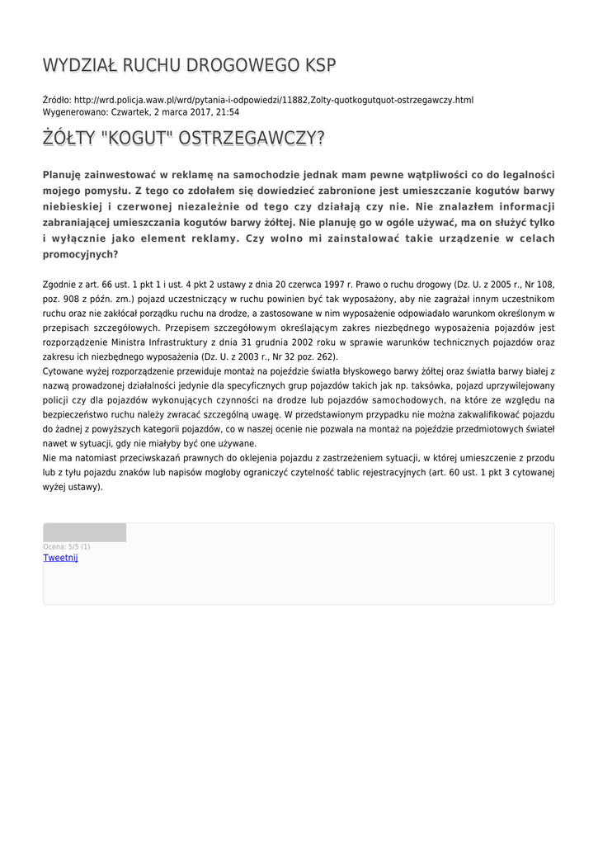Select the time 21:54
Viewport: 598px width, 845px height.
[228, 111]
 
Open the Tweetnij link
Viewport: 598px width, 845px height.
[60, 558]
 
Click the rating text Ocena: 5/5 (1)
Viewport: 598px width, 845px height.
[67, 546]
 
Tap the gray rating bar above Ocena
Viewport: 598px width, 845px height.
[84, 532]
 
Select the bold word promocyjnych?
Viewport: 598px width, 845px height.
[80, 254]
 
